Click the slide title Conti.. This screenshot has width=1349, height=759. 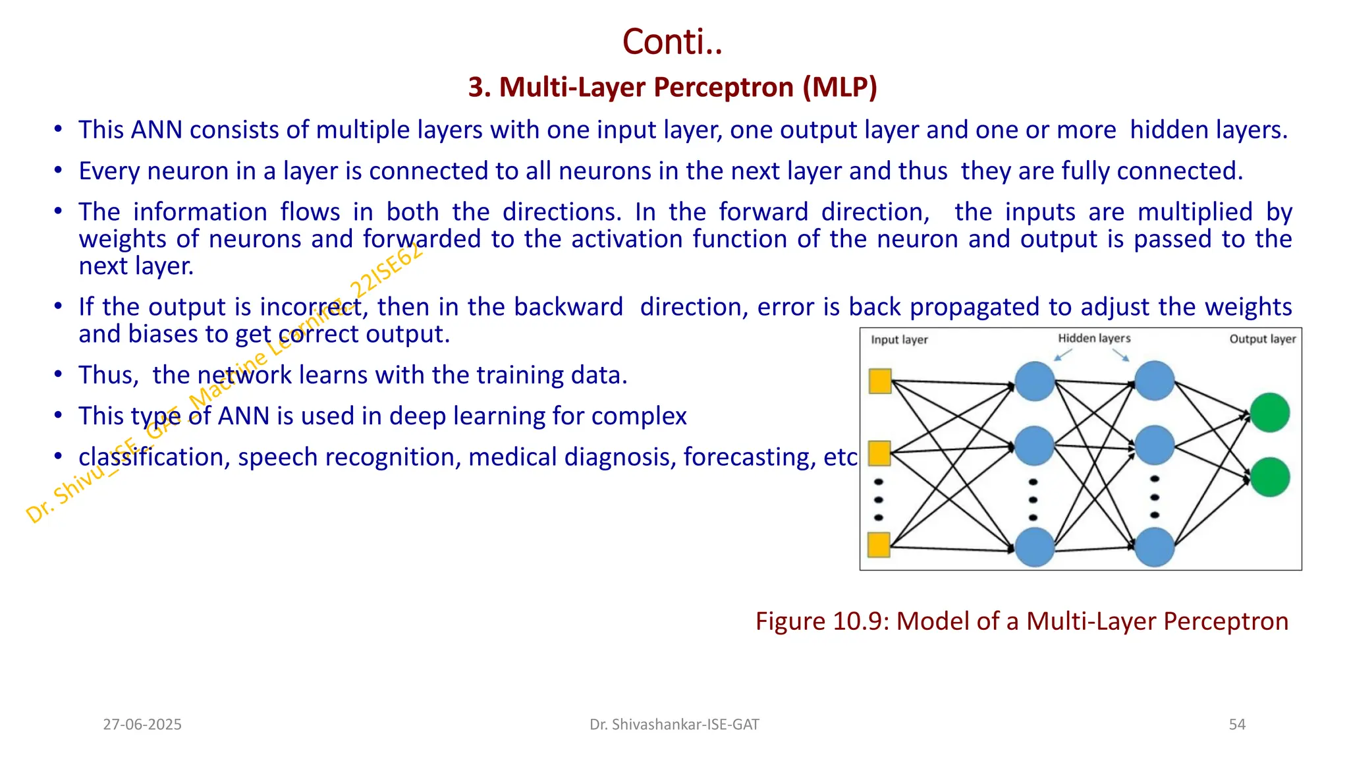(x=672, y=42)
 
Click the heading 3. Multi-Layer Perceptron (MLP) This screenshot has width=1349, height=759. (x=673, y=87)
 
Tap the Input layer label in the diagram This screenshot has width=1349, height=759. (x=898, y=340)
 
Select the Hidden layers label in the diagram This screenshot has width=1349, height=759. (x=1093, y=338)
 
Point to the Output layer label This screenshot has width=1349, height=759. (x=1261, y=339)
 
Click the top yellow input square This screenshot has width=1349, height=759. (x=880, y=381)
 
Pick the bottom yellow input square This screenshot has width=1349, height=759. (x=879, y=545)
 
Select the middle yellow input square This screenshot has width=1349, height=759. (x=880, y=453)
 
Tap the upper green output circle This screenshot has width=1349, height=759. (x=1269, y=412)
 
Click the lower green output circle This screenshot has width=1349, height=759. (x=1269, y=477)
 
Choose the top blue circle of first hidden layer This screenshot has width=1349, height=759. (x=1035, y=381)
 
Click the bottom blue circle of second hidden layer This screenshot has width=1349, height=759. (x=1154, y=547)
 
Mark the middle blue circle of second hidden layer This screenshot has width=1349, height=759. (x=1154, y=445)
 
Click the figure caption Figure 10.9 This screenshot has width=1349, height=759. (x=1021, y=621)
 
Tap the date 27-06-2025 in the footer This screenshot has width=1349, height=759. (x=142, y=725)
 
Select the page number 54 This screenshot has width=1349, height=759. (x=1236, y=725)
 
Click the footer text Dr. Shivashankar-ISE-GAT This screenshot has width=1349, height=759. (x=674, y=725)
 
